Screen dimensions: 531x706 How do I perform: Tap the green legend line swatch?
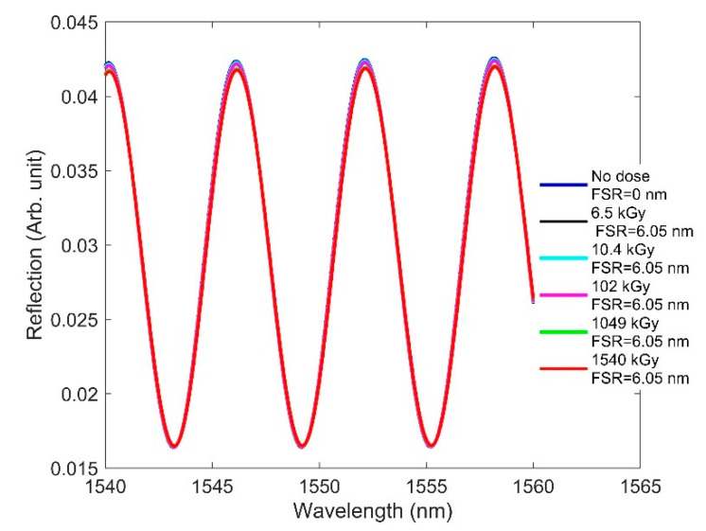coord(565,331)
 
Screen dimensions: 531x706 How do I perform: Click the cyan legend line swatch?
coord(565,257)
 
